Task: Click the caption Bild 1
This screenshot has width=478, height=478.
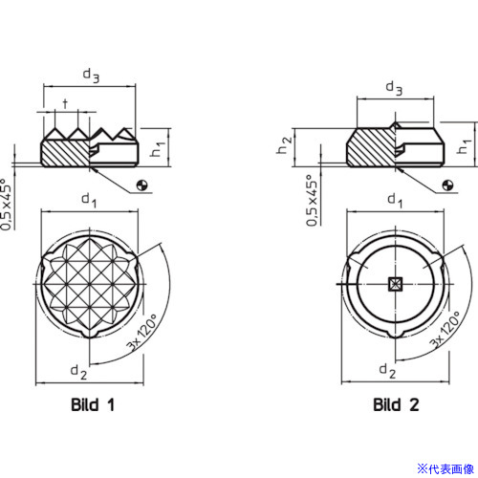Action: click(x=93, y=404)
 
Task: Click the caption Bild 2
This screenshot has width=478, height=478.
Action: click(x=396, y=404)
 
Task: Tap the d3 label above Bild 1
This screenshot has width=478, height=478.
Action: click(x=91, y=76)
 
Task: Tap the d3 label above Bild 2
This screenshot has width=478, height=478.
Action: click(x=394, y=88)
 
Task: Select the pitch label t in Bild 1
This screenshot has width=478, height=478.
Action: click(x=65, y=103)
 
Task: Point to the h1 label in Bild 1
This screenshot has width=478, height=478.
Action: click(x=158, y=149)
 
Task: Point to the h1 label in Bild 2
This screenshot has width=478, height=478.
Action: click(x=464, y=146)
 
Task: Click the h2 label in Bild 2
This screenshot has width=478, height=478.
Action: click(x=284, y=145)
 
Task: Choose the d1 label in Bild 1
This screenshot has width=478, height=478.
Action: click(x=89, y=201)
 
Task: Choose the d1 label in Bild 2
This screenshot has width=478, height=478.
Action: click(x=395, y=201)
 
